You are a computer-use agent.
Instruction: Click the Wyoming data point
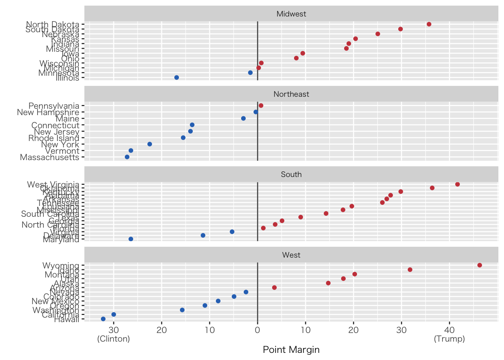pyautogui.click(x=480, y=265)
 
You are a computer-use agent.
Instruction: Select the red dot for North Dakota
pyautogui.click(x=429, y=24)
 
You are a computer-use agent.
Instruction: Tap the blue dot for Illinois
pyautogui.click(x=177, y=78)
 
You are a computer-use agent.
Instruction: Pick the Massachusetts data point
pyautogui.click(x=127, y=157)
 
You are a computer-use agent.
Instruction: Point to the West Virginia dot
pyautogui.click(x=457, y=184)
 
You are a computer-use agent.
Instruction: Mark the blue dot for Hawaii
pyautogui.click(x=103, y=319)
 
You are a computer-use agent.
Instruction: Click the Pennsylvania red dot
pyautogui.click(x=261, y=105)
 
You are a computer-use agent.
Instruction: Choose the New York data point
pyautogui.click(x=150, y=144)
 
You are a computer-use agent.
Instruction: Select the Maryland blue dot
pyautogui.click(x=131, y=239)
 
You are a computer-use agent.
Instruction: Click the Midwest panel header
pyautogui.click(x=291, y=14)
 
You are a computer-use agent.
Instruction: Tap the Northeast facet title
pyautogui.click(x=291, y=94)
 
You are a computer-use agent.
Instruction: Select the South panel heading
pyautogui.click(x=291, y=174)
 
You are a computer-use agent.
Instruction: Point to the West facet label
pyautogui.click(x=291, y=255)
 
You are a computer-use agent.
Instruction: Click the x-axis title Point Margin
pyautogui.click(x=291, y=350)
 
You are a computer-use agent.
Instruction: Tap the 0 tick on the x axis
pyautogui.click(x=258, y=330)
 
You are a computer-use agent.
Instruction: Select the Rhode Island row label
pyautogui.click(x=54, y=138)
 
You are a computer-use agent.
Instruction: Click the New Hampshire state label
pyautogui.click(x=48, y=112)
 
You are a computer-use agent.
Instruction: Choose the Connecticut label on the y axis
pyautogui.click(x=55, y=125)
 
